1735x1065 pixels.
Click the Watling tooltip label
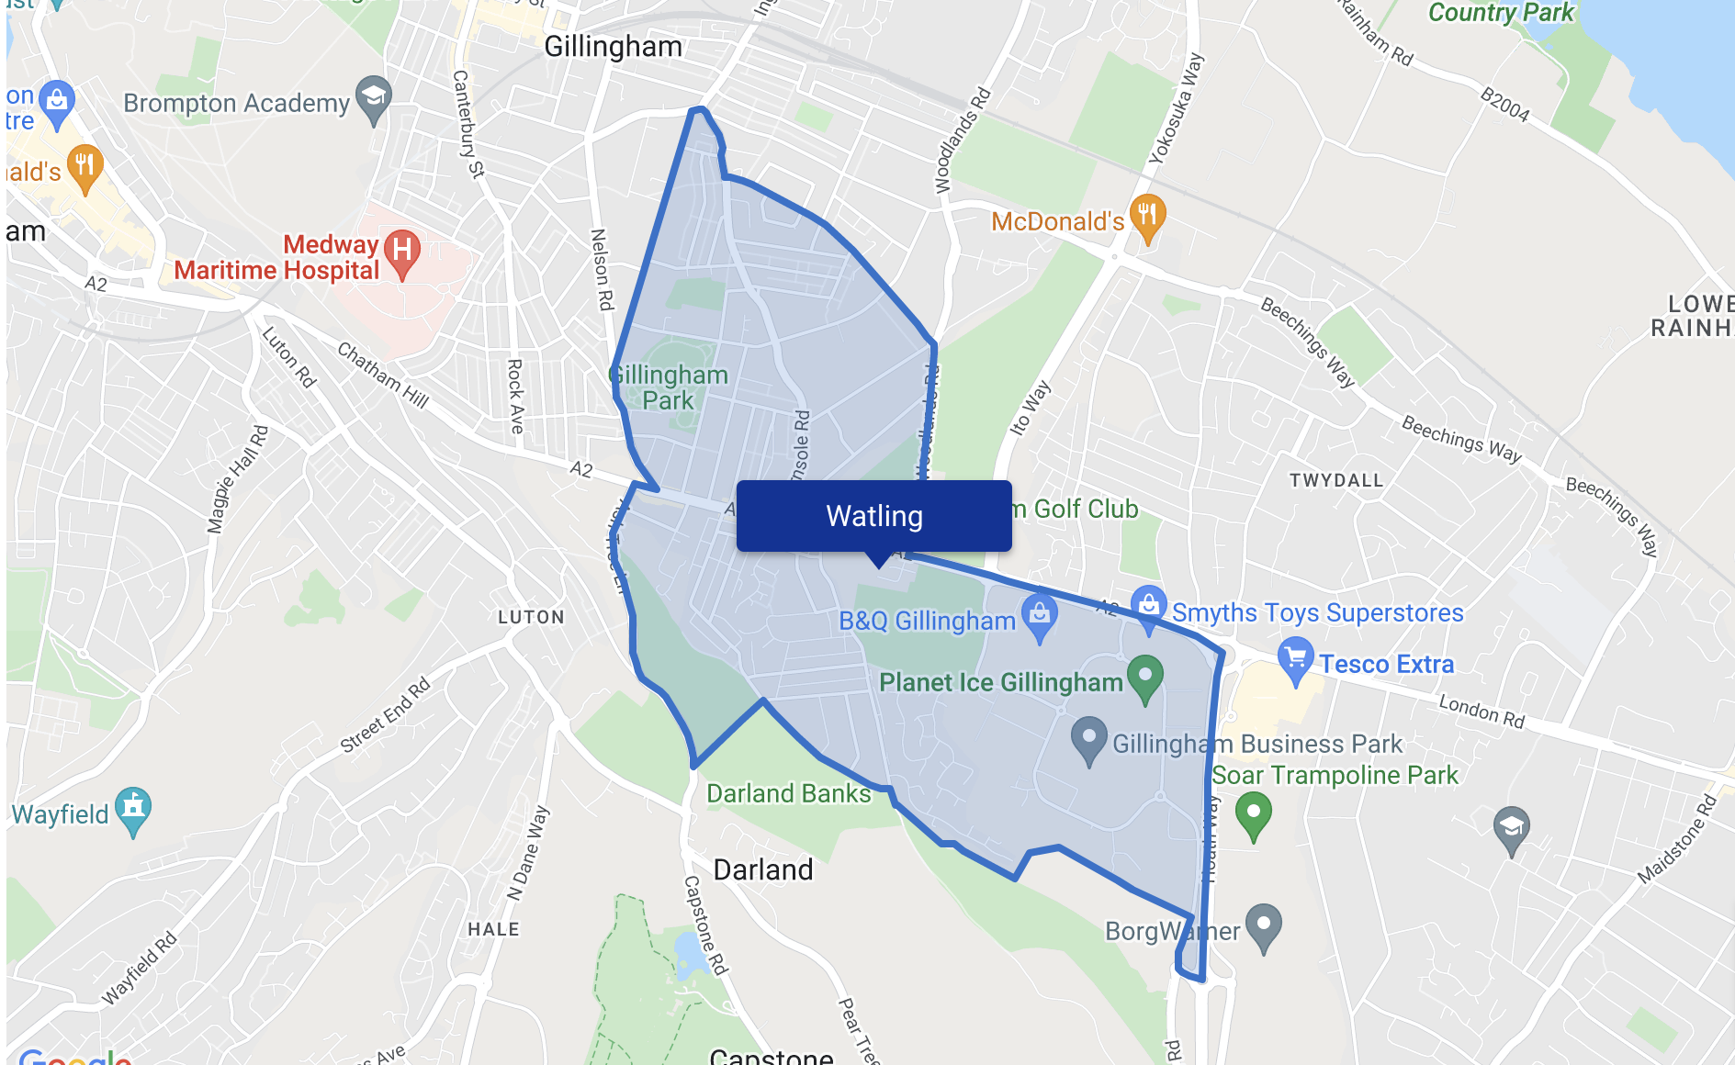coord(873,516)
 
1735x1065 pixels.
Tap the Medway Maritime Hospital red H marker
coord(401,250)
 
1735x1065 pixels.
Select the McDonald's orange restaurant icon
coord(1147,217)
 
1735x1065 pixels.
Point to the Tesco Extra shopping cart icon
coord(1295,658)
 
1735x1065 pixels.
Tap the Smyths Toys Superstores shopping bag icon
coord(1148,606)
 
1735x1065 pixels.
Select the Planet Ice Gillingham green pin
coord(1144,676)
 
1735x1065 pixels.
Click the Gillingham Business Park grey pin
coord(1089,738)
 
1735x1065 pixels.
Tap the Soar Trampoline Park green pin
coord(1253,813)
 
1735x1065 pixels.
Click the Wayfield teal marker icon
coord(133,808)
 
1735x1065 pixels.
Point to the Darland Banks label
coord(788,793)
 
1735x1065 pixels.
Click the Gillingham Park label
coord(670,387)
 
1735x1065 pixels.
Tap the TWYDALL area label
coord(1335,480)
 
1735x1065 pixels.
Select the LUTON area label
coord(531,617)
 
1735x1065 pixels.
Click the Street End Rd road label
coord(385,715)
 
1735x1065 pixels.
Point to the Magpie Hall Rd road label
coord(238,478)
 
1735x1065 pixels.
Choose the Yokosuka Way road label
coord(1176,108)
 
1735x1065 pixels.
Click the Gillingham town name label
coord(613,46)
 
